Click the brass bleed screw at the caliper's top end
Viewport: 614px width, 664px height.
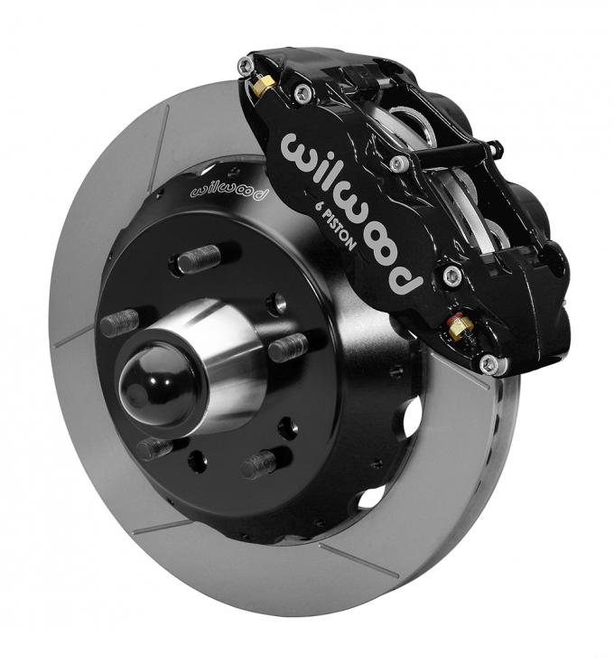pos(262,86)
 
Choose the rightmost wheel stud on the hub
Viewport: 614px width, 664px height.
pos(288,346)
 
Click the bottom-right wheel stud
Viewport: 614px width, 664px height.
pos(258,464)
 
